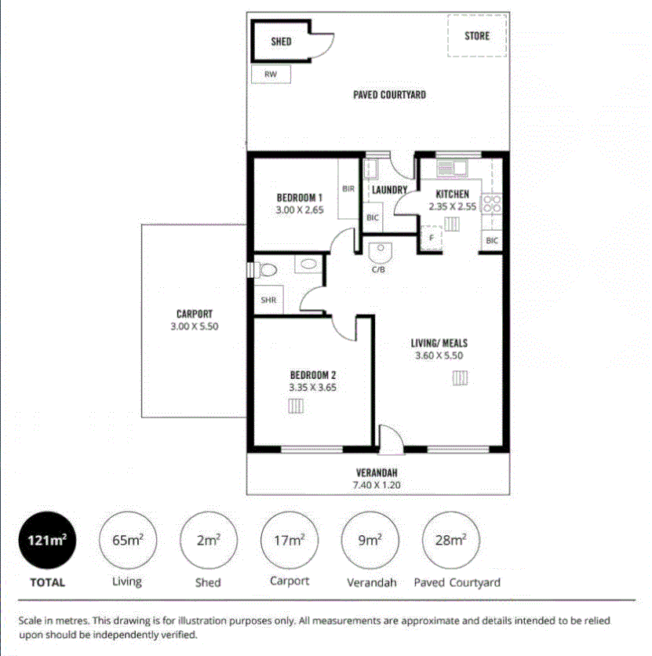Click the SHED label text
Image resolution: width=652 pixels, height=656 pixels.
[281, 42]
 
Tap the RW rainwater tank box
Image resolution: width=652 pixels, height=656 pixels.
[271, 75]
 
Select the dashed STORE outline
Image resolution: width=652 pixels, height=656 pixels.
[476, 35]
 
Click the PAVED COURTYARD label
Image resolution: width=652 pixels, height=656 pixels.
[389, 95]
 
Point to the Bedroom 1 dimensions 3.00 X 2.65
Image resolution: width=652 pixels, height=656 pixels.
[300, 210]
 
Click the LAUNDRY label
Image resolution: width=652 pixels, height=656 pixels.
[389, 190]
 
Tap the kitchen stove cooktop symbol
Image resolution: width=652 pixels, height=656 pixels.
[492, 204]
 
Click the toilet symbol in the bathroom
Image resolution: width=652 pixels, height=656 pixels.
[267, 270]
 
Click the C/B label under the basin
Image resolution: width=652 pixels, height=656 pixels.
[378, 270]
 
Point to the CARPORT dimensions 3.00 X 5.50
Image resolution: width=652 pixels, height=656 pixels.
[194, 326]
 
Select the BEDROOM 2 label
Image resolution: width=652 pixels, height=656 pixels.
[312, 374]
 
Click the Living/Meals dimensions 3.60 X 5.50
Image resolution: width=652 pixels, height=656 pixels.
[439, 355]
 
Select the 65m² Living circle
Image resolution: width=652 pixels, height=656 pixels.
[127, 541]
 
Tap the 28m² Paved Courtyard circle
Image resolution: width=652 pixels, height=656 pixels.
[450, 541]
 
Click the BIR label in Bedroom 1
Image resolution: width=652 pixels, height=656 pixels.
[349, 189]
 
